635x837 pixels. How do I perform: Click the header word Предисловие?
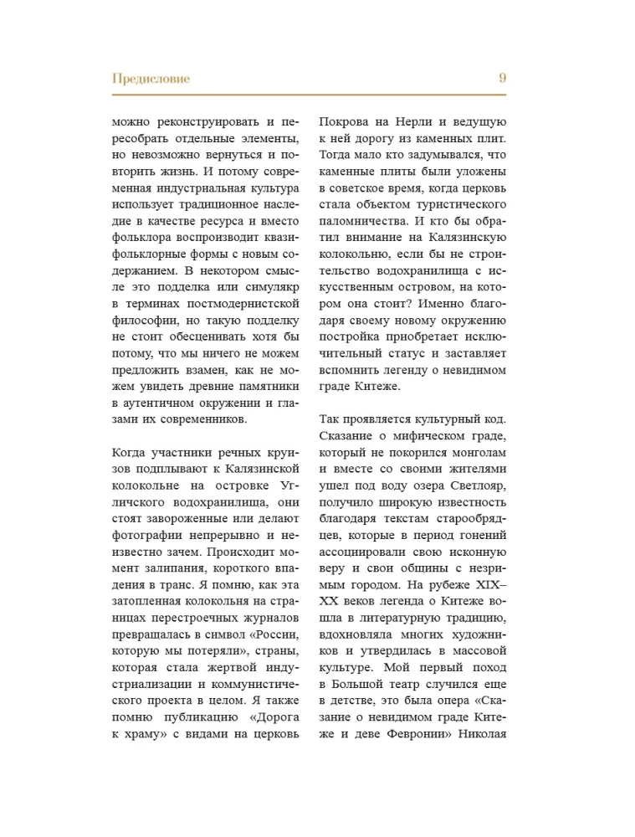click(x=151, y=79)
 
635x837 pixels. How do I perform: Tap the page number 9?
click(x=502, y=79)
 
